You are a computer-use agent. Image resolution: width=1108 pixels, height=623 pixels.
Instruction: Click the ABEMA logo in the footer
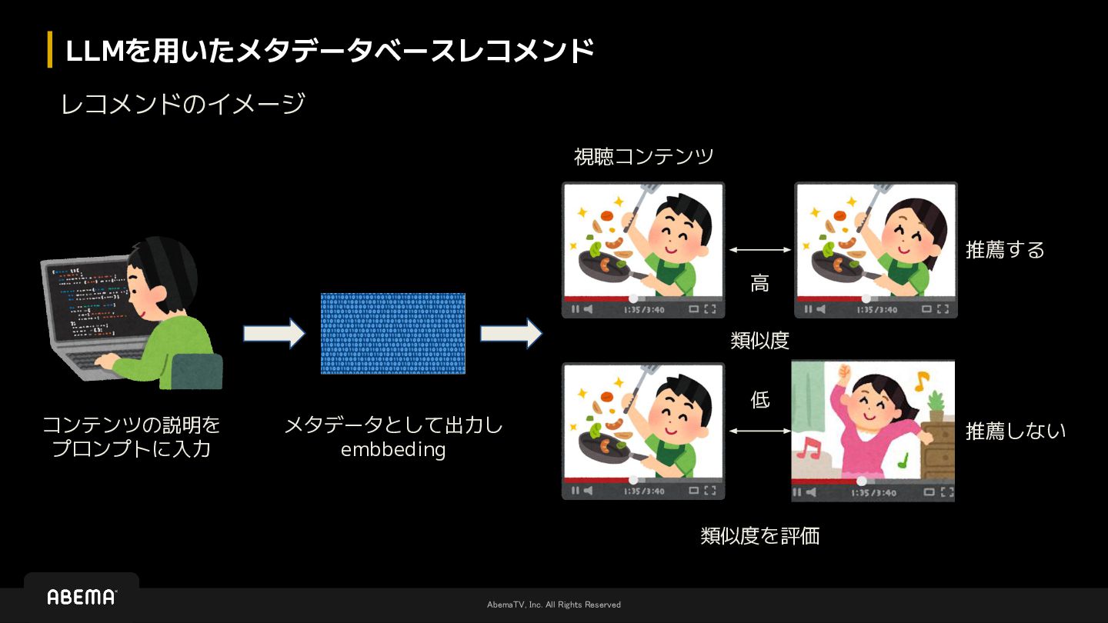(82, 597)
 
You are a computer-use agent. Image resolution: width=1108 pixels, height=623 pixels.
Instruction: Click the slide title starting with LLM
(330, 51)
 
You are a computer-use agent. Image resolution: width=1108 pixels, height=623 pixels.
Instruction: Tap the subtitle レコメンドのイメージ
(183, 103)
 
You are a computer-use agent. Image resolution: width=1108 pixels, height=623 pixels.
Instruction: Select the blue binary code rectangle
(392, 333)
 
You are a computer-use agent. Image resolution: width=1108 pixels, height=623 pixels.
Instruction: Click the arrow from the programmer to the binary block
(274, 334)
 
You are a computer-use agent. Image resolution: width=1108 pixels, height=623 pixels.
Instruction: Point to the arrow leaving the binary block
(511, 334)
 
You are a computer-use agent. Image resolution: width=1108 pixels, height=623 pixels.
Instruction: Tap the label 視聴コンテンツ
(643, 157)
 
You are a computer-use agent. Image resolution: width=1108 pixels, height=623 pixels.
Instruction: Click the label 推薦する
(1005, 250)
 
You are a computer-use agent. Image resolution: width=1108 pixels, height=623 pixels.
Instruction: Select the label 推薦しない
(1016, 431)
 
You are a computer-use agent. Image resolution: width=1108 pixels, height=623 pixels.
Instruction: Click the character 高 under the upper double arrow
(759, 284)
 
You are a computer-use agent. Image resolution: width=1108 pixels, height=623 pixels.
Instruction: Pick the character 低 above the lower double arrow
(759, 400)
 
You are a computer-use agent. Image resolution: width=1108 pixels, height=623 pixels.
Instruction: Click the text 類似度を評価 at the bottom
(759, 536)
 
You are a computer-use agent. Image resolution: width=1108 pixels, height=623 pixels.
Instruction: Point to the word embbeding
(393, 449)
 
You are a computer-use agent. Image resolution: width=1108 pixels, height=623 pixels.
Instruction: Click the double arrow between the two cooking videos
(759, 249)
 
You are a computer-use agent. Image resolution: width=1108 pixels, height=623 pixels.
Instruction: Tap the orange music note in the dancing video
(920, 378)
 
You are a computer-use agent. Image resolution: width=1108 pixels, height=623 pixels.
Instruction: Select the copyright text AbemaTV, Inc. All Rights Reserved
(554, 605)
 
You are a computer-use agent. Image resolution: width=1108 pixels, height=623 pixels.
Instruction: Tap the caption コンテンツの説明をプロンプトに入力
(131, 436)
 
